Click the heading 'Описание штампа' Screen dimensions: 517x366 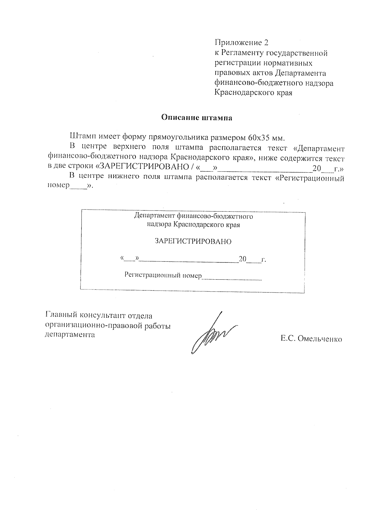(197, 118)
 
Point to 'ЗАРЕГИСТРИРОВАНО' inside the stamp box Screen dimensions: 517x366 (193, 242)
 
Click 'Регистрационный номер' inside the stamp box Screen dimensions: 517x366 (163, 275)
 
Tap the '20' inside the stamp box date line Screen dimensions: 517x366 (242, 259)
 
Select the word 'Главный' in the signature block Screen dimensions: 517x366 (61, 315)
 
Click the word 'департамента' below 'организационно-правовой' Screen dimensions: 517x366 (70, 334)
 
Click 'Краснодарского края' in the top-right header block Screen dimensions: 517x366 (253, 93)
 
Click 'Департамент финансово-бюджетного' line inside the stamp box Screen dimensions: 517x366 (193, 216)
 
